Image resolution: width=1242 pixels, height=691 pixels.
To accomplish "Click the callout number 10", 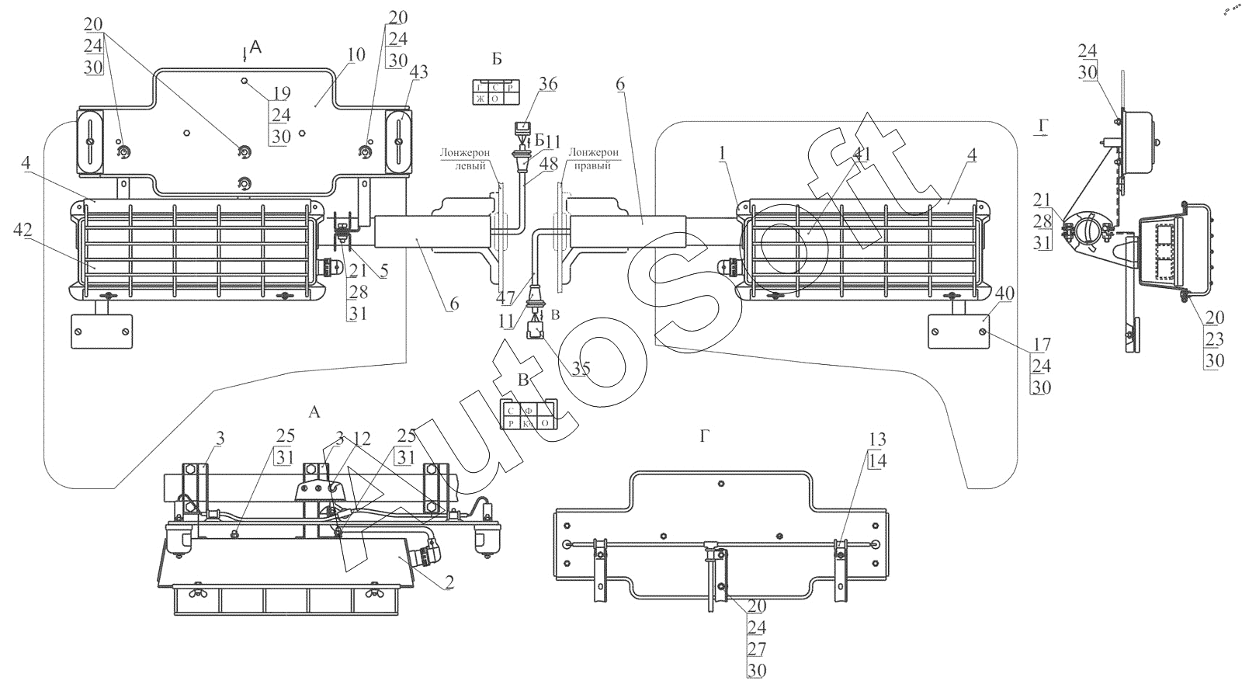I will click(x=356, y=55).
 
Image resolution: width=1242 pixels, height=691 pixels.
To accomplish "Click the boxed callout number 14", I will click(x=878, y=460).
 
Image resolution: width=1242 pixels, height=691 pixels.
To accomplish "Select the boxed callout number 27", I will click(x=756, y=648).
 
